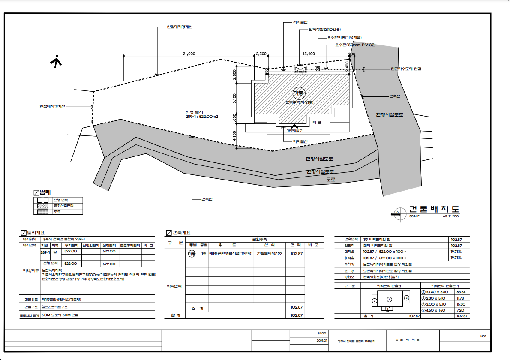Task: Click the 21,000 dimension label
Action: (x=189, y=54)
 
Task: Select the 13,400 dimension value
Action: (x=309, y=54)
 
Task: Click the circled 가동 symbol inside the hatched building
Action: (x=298, y=93)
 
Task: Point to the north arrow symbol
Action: (x=56, y=61)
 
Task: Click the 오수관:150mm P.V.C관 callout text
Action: (x=355, y=44)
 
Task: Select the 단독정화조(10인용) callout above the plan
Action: (x=324, y=30)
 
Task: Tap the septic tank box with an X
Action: (x=300, y=69)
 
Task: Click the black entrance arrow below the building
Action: (x=294, y=126)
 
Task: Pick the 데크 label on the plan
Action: (x=317, y=123)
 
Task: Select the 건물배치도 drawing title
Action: (x=434, y=210)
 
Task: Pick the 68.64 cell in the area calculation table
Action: (x=461, y=291)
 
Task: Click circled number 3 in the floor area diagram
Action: (x=406, y=297)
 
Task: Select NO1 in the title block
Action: (x=483, y=336)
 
